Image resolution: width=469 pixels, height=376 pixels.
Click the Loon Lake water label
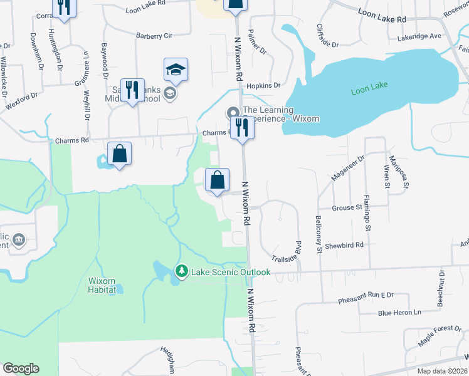(370, 90)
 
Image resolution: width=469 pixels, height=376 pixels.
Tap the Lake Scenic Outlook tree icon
(182, 271)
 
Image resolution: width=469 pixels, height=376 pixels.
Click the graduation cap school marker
(176, 71)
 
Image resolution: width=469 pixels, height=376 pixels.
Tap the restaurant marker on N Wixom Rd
(241, 128)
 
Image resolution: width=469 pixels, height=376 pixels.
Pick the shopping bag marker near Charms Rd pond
(119, 154)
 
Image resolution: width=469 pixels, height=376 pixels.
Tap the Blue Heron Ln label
(399, 312)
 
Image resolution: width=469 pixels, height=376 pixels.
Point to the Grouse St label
(347, 207)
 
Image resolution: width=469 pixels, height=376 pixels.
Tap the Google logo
(21, 368)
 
